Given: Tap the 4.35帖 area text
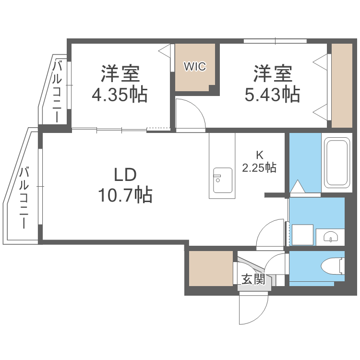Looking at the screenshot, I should [x=120, y=94].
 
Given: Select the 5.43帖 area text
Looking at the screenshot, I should [x=273, y=94].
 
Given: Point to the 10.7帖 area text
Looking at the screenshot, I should [x=125, y=195].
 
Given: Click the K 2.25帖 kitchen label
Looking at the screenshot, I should [x=259, y=162].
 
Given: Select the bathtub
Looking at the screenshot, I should [x=336, y=163].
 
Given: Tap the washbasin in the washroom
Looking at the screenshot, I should [x=331, y=236].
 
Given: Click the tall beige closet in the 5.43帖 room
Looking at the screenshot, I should [x=342, y=86].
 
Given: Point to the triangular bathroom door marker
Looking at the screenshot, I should [x=297, y=186].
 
